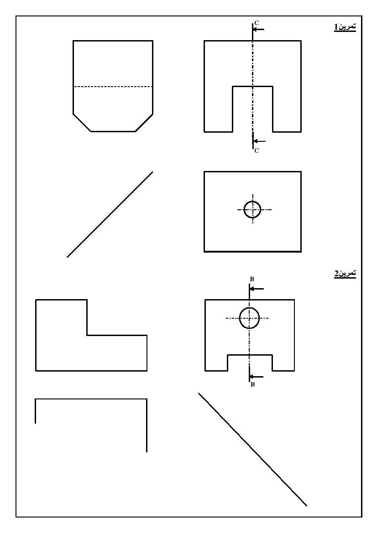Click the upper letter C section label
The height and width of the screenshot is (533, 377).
(257, 23)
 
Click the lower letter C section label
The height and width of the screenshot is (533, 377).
(257, 150)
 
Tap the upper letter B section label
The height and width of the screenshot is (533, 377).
(252, 279)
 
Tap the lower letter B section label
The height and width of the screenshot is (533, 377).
(252, 385)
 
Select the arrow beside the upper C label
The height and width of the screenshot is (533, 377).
(258, 30)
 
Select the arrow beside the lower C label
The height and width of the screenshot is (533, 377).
(259, 141)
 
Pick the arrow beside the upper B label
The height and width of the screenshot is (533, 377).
(257, 289)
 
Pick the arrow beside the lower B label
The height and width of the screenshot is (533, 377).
(257, 377)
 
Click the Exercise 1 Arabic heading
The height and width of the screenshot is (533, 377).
(345, 27)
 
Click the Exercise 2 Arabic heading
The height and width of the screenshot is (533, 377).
(345, 273)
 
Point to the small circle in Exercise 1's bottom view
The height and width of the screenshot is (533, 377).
(252, 201)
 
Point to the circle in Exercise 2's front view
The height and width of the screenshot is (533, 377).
(249, 308)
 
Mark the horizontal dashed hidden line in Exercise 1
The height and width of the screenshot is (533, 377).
(113, 87)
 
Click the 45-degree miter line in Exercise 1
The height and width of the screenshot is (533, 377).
(110, 214)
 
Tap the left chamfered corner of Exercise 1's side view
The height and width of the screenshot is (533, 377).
(82, 123)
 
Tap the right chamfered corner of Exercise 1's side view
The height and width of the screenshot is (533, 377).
(144, 123)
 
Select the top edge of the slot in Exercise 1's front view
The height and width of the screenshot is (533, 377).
(252, 86)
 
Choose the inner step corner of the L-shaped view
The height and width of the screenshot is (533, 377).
(87, 336)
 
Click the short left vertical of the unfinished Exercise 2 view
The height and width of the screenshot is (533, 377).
(36, 411)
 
